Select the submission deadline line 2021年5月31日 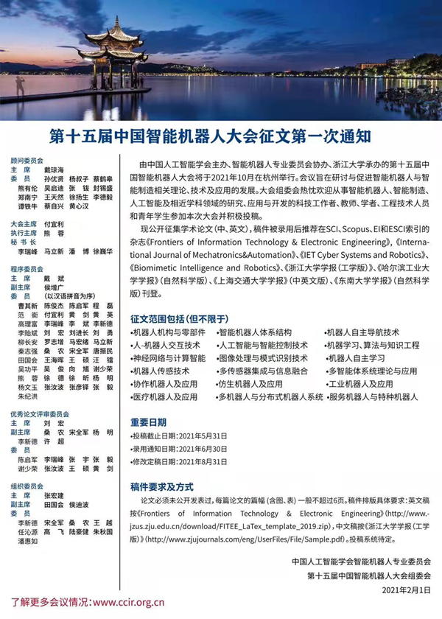point(180,436)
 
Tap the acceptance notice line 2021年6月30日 point(180,448)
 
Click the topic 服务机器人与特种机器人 point(372,396)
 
